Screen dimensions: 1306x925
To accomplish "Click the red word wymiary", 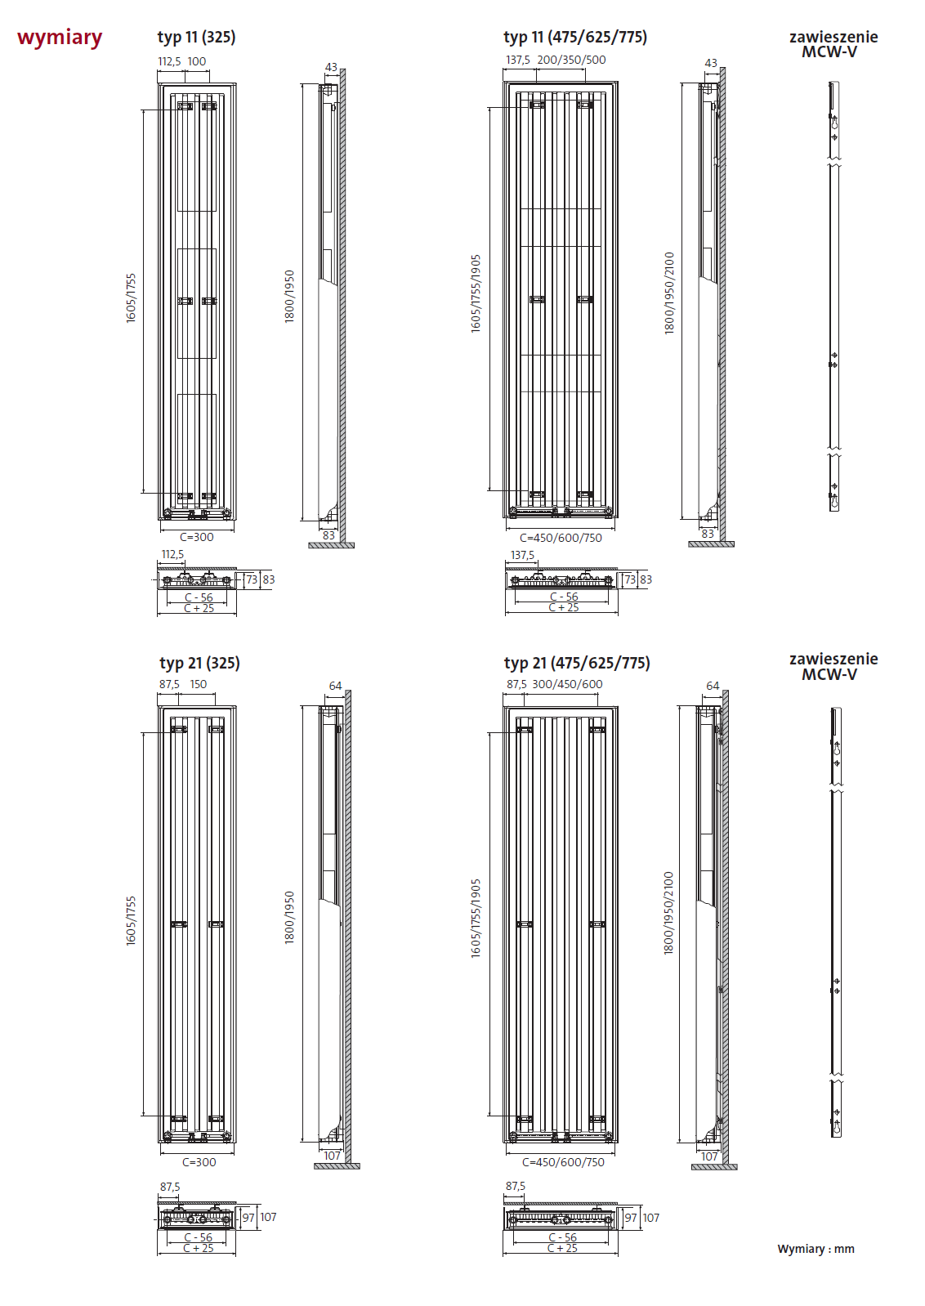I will click(60, 38).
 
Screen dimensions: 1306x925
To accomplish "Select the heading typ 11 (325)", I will click(196, 37).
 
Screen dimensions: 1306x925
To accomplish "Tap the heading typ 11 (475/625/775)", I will click(574, 37).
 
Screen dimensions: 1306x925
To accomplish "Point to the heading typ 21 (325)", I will click(199, 663).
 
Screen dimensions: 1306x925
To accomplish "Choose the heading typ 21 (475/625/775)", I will click(577, 663).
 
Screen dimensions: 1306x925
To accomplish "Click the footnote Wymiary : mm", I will click(816, 1249).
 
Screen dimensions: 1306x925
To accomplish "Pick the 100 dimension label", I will click(197, 61).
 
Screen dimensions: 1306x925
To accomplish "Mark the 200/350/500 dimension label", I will click(571, 60).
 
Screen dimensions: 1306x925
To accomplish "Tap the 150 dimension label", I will click(199, 684).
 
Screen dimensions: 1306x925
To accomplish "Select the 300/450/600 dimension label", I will click(567, 684).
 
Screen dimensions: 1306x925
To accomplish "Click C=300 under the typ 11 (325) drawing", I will click(197, 537).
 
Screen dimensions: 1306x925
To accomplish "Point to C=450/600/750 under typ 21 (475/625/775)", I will click(563, 1162).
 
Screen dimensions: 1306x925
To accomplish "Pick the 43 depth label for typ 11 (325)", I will click(331, 67).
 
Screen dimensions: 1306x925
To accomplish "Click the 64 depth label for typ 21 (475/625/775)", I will click(713, 686).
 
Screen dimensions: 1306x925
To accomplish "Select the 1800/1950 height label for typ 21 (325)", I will click(289, 918).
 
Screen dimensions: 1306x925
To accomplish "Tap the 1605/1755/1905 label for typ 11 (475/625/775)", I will click(476, 294).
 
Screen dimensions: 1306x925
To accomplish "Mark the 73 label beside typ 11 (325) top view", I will click(252, 579).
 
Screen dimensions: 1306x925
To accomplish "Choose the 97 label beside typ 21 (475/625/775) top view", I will click(631, 1218).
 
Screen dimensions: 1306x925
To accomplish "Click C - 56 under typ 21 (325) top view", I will click(198, 1237).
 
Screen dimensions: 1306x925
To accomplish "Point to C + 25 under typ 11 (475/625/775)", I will click(563, 607).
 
